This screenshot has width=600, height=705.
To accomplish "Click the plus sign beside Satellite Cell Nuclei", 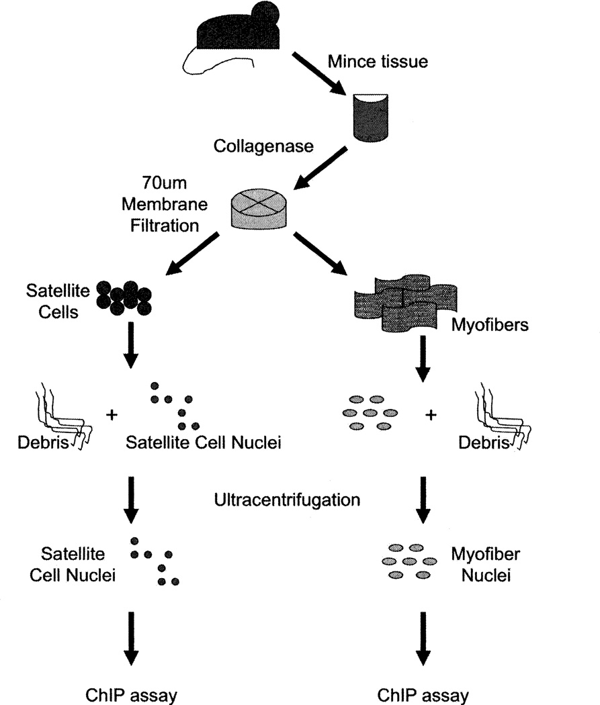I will [110, 414].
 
